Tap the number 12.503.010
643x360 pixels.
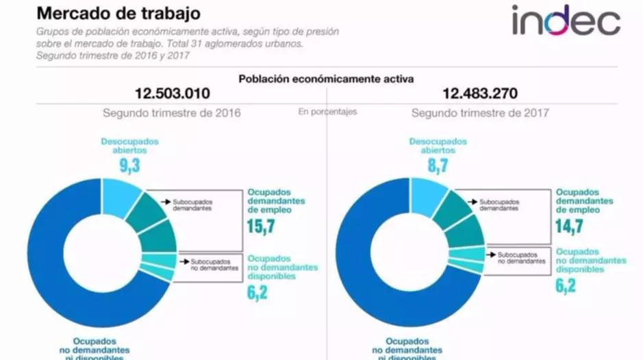click(172, 94)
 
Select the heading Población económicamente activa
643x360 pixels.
click(325, 79)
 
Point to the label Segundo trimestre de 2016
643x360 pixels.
click(172, 112)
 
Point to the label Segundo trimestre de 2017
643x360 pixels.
click(480, 112)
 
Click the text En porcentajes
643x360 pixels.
click(327, 112)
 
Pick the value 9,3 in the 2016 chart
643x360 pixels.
click(129, 165)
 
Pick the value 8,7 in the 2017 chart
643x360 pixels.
click(438, 165)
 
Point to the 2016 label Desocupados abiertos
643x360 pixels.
click(129, 145)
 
